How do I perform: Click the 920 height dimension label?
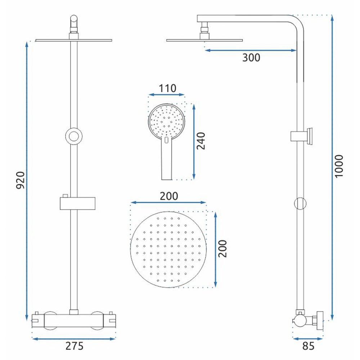click(21, 180)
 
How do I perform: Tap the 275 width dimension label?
click(75, 346)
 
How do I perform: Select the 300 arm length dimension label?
click(251, 58)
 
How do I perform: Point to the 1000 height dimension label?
click(339, 166)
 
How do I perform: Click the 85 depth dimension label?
click(308, 346)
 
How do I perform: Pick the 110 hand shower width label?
click(168, 88)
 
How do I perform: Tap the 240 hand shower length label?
click(201, 141)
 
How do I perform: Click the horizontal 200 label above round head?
click(169, 196)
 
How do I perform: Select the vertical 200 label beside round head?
click(222, 249)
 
